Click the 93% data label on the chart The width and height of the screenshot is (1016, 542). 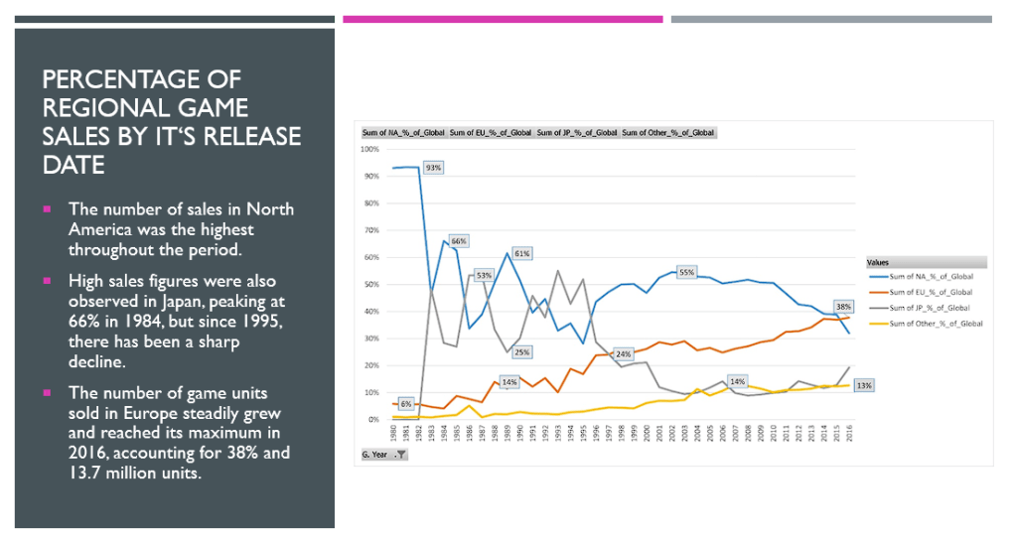coord(433,168)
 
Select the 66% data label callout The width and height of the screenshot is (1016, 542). coord(458,241)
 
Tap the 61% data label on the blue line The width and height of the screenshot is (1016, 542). coord(521,253)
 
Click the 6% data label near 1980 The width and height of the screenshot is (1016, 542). coord(405,404)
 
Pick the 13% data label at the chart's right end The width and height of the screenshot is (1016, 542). coord(864,385)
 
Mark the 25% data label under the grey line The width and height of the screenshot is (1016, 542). coord(522,351)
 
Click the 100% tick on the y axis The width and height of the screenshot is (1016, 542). coord(368,149)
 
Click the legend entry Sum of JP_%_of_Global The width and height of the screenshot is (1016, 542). coord(930,308)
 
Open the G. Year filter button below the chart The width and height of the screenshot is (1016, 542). coord(401,455)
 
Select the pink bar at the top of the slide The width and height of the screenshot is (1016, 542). coord(503,19)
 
